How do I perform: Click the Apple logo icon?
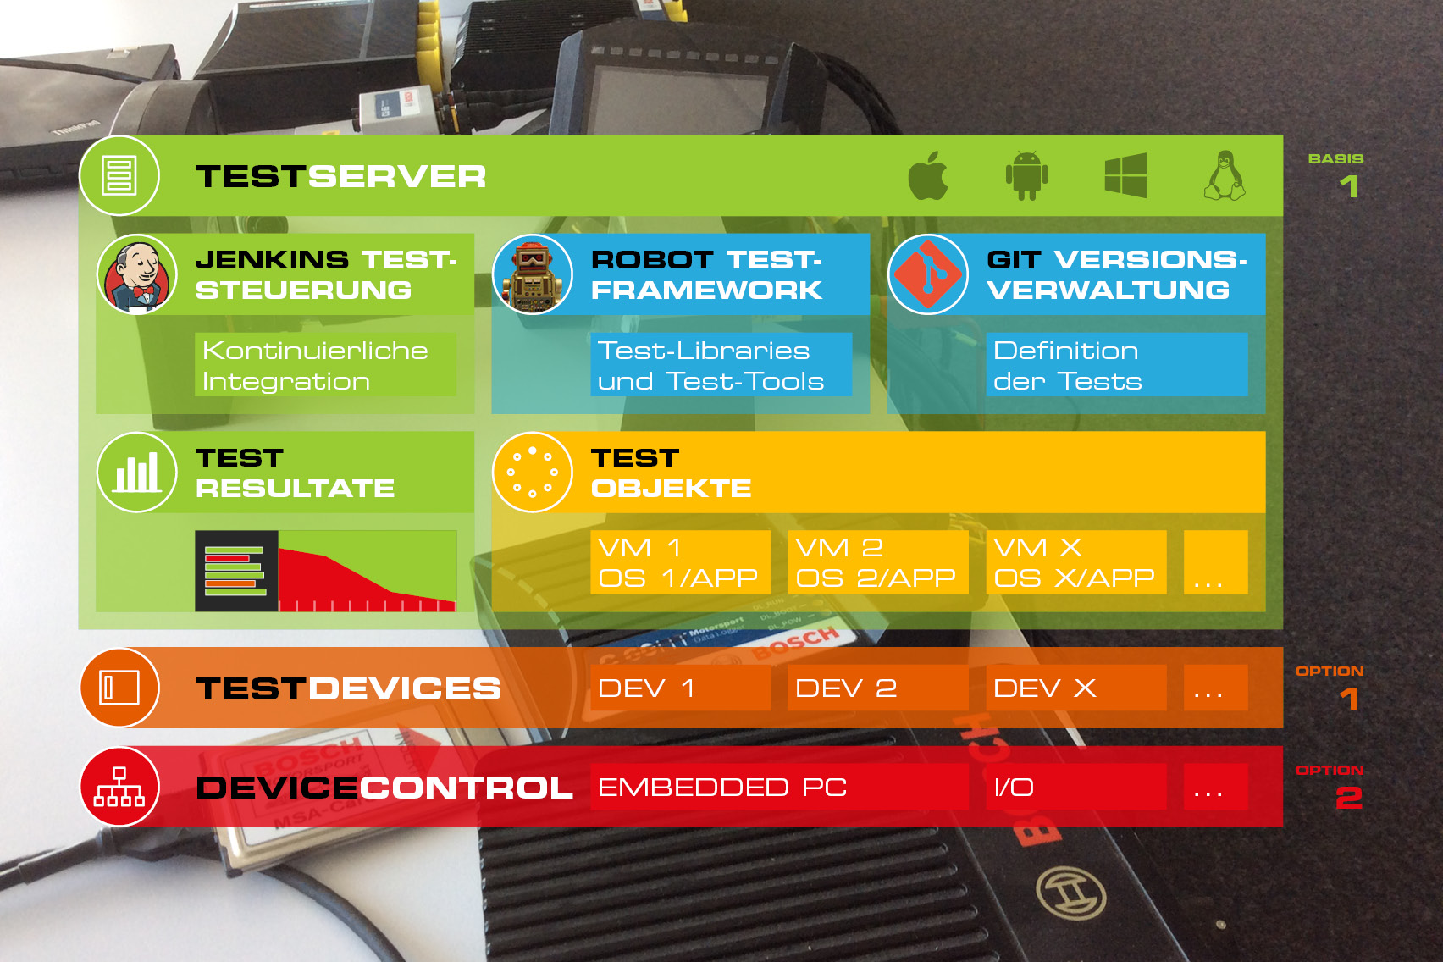click(927, 176)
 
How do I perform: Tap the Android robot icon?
click(1026, 176)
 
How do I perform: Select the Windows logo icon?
click(1125, 176)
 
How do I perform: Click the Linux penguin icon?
click(1225, 176)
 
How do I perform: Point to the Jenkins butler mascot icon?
click(137, 275)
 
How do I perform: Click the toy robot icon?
click(533, 275)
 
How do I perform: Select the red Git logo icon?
click(928, 275)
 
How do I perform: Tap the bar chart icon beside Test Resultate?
click(137, 473)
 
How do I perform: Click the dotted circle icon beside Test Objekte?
click(533, 473)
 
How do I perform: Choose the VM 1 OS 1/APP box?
click(680, 562)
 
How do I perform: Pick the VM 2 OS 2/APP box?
click(878, 562)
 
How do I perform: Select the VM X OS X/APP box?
click(1075, 562)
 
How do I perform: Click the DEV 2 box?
click(878, 688)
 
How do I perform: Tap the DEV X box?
click(1075, 688)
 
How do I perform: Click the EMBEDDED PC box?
click(779, 787)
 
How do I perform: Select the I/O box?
click(1075, 787)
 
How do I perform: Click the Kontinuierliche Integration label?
click(325, 365)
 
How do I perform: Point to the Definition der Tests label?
click(1116, 365)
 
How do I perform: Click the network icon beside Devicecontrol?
click(119, 787)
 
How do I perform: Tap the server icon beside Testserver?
click(119, 176)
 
